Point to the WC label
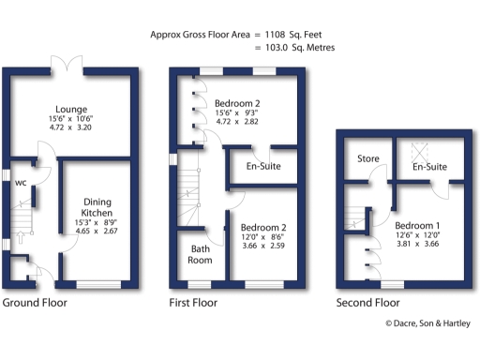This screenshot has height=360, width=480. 20,183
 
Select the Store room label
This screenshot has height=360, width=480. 367,158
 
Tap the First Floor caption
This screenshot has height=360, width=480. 192,303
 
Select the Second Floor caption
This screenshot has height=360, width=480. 367,303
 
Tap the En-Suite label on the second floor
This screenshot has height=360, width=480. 427,166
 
